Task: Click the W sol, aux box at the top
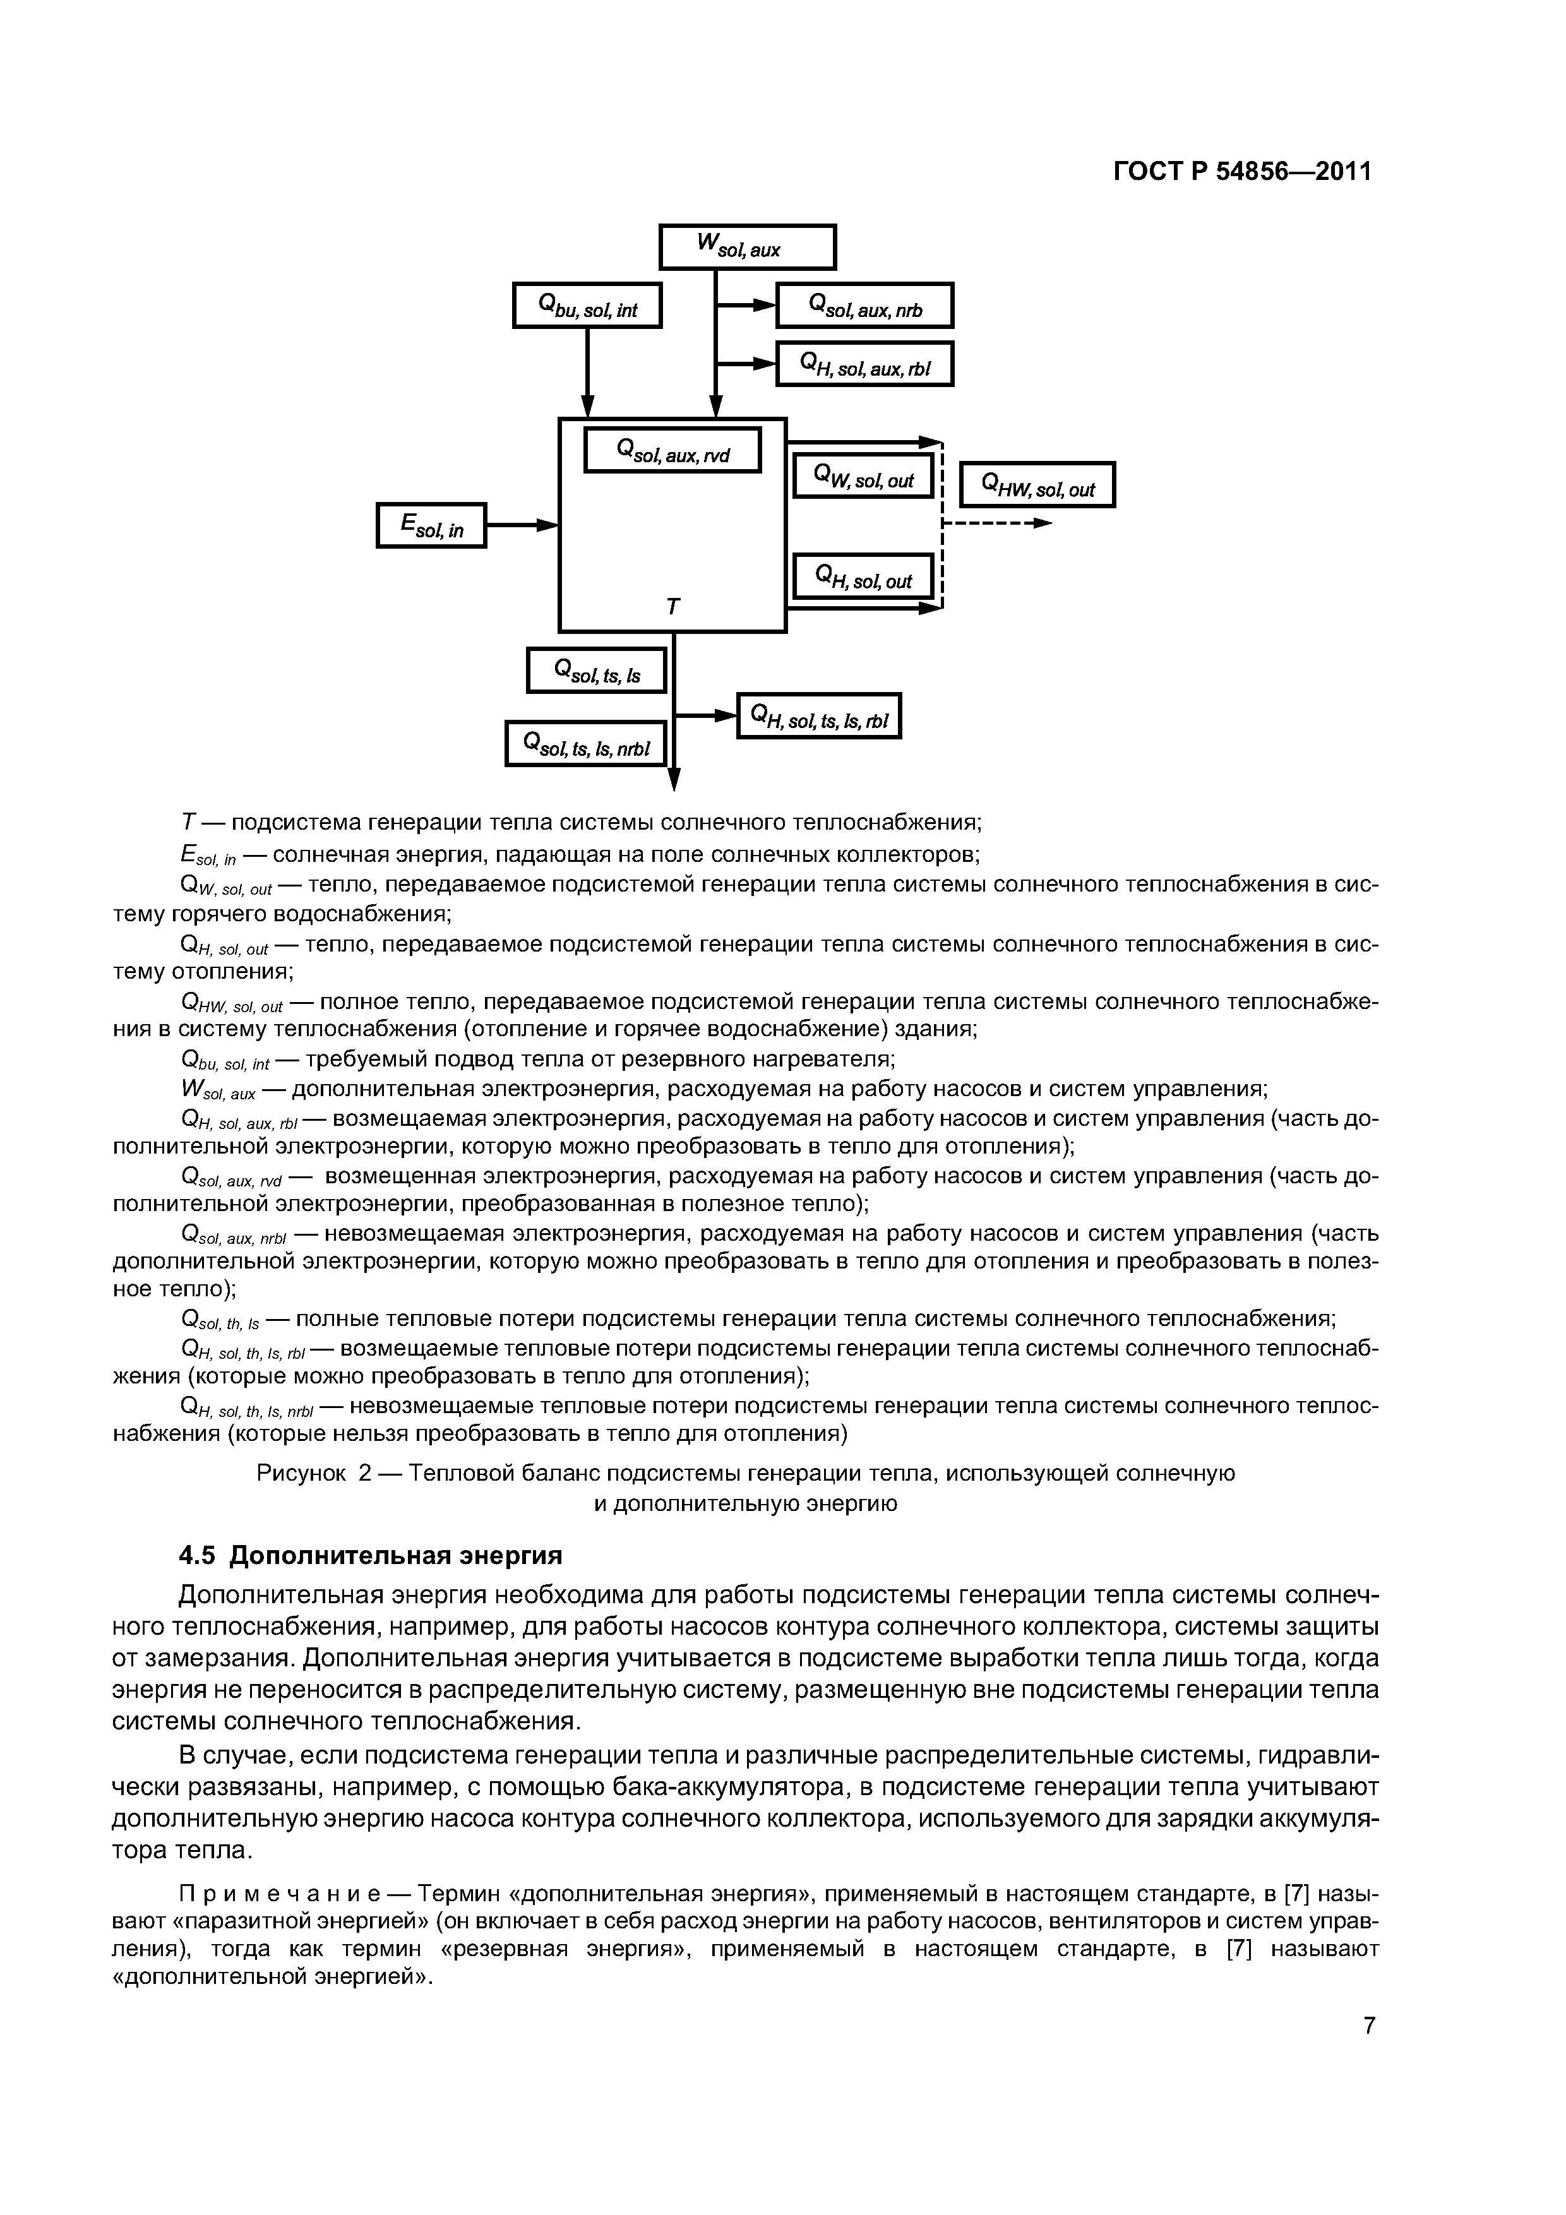[747, 247]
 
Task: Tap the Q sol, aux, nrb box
[864, 306]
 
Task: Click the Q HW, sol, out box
[1037, 486]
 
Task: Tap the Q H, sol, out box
[863, 577]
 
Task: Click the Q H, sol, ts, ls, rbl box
[818, 716]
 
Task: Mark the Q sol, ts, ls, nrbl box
[586, 744]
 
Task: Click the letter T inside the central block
[672, 607]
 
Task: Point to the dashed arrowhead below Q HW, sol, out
[1041, 523]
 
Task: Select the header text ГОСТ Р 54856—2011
[1242, 172]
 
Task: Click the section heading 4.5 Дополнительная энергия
[371, 1556]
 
